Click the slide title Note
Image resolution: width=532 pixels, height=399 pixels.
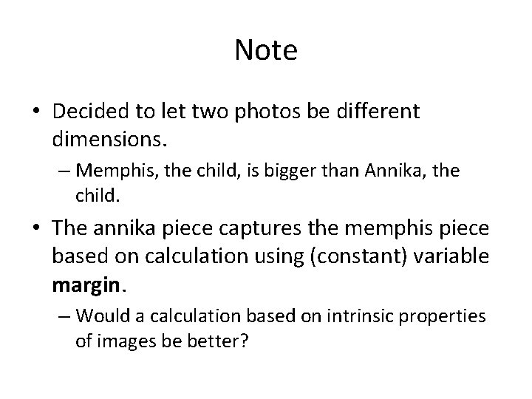(x=266, y=50)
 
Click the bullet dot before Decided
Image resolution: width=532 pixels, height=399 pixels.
(x=35, y=113)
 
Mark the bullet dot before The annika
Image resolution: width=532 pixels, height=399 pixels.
(x=35, y=230)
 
